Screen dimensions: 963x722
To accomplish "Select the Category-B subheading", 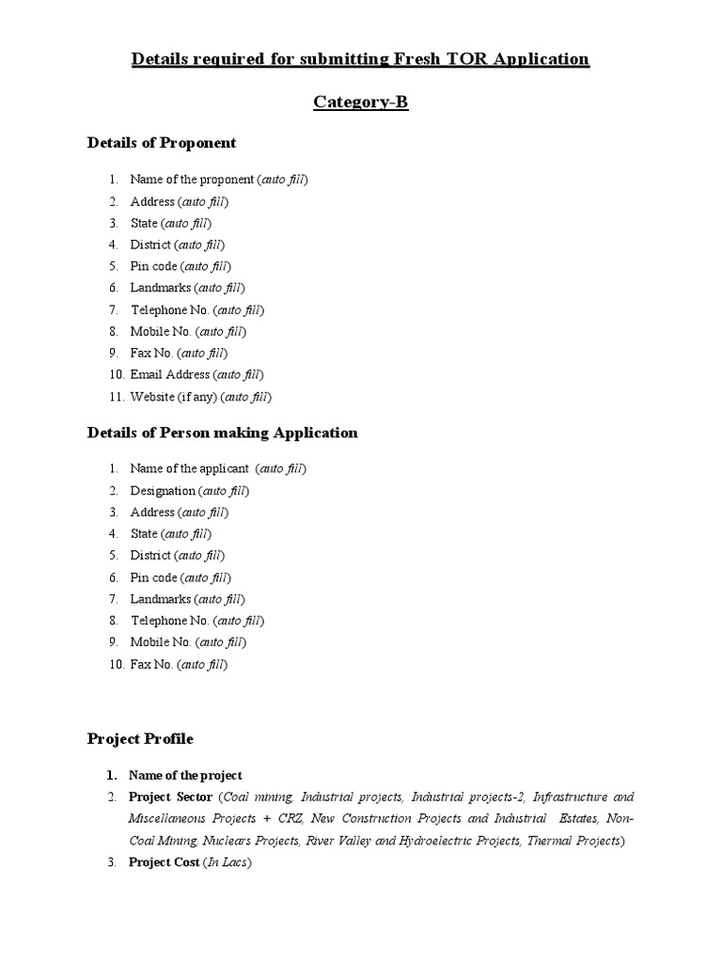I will pos(360,103).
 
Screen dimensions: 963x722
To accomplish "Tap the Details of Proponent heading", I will pos(162,143).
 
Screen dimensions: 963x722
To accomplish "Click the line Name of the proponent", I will pos(192,180).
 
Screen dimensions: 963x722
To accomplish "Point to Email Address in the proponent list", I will pos(170,375).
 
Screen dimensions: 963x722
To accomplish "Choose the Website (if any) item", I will pos(174,397).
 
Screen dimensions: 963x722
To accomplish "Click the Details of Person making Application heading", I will pos(222,433).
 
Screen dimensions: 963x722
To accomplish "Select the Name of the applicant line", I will pos(190,468).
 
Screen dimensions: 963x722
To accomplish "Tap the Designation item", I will pos(163,491).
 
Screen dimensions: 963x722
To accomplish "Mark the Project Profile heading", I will pos(140,739).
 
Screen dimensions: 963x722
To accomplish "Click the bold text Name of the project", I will pos(185,776).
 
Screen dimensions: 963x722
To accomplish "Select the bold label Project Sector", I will pos(170,797).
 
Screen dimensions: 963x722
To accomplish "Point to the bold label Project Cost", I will pos(164,862).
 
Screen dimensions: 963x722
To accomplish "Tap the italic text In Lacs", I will pos(230,862).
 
